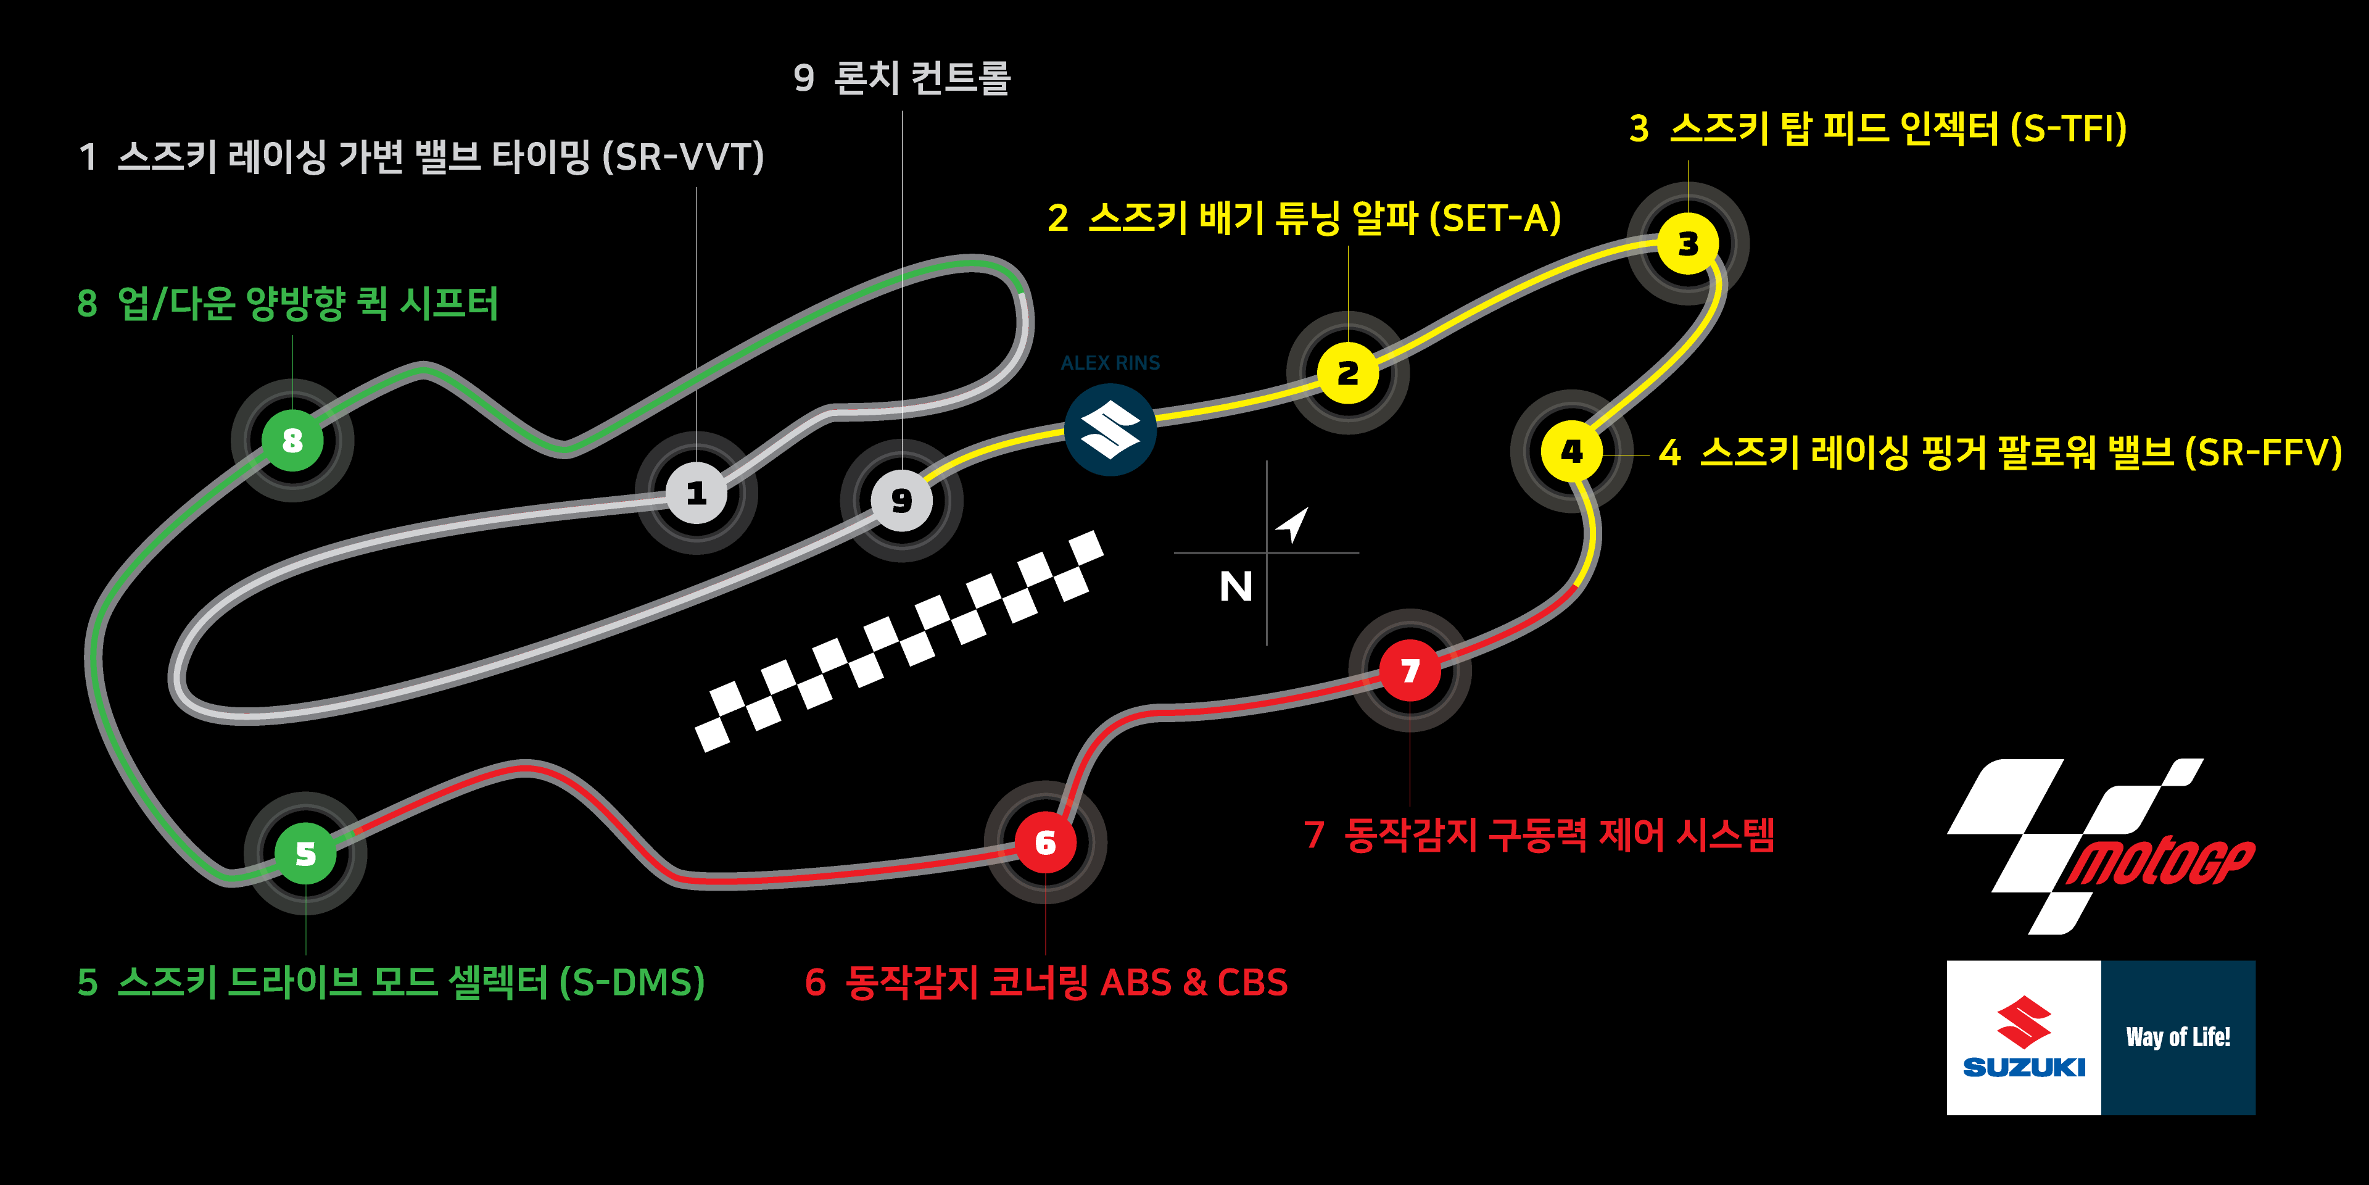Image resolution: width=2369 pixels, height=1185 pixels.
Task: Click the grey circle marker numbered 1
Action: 696,494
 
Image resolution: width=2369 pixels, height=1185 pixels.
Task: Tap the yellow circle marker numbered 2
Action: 1347,373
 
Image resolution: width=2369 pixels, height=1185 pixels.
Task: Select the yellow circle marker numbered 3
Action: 1687,244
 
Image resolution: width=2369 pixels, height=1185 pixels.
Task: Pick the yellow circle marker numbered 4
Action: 1572,451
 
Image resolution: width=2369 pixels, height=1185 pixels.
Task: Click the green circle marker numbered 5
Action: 305,854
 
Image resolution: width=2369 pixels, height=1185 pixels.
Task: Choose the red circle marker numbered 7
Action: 1410,671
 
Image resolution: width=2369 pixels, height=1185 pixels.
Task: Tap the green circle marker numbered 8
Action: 292,441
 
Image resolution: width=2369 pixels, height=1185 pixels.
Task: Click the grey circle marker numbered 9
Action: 901,501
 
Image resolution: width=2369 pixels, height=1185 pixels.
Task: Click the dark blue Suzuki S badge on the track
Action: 1110,430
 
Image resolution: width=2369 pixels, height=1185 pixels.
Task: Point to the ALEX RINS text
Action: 1110,362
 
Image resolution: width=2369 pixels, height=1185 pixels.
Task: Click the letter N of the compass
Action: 1235,586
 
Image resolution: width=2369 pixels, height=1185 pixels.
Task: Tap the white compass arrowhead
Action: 1293,525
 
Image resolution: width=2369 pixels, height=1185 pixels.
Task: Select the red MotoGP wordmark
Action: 2161,862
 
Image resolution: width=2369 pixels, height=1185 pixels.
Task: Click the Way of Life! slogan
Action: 2178,1037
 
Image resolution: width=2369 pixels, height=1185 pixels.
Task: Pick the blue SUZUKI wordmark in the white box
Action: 2024,1067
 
